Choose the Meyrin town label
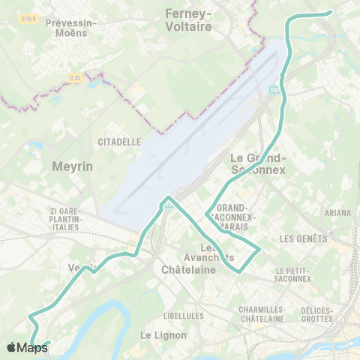[x=73, y=166]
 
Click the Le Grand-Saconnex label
[x=257, y=163]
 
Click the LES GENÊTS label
[x=303, y=239]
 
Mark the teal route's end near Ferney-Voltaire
[x=331, y=12]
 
